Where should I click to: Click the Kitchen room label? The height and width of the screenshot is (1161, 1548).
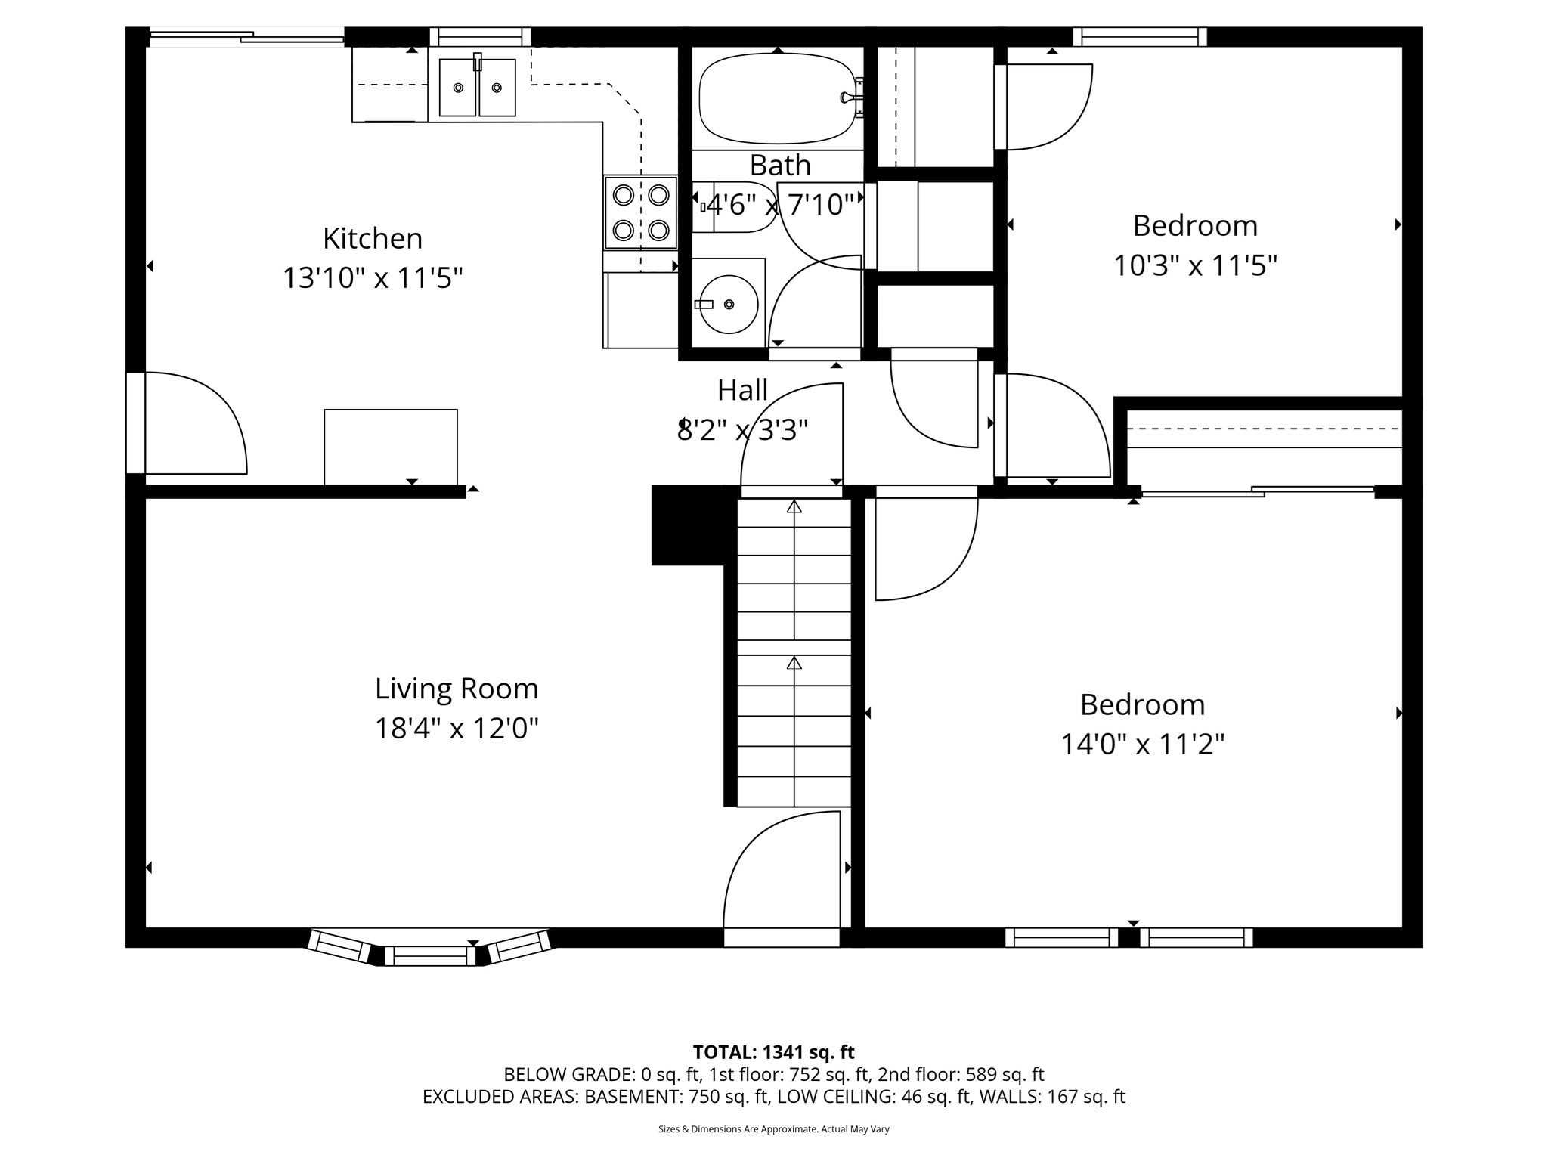coord(372,239)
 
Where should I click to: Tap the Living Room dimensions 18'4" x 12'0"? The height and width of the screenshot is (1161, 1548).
coord(457,729)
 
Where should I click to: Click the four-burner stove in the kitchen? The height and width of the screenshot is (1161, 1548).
coord(640,212)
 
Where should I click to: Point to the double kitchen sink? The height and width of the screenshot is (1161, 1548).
coord(477,88)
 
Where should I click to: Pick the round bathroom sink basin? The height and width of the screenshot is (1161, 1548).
coord(728,305)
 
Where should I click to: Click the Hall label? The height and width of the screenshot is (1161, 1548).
coord(742,390)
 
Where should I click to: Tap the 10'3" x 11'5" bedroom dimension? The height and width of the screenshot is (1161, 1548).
coord(1195,266)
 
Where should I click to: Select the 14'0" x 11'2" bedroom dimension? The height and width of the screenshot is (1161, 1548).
coord(1142,745)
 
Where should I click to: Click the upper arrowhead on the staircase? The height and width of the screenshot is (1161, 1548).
coord(794,507)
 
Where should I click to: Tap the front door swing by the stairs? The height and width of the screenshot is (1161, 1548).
coord(782,877)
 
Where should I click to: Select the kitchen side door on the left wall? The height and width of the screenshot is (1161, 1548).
coord(189,423)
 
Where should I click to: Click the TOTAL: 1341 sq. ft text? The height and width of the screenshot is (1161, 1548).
coord(773,1052)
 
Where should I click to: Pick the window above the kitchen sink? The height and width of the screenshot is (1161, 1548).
coord(480,37)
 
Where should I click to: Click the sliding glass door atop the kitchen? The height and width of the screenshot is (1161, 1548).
coord(246,36)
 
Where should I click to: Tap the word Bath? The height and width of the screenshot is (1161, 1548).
coord(780,166)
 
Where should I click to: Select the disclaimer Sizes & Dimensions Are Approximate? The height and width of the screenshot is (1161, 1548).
coord(773,1129)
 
